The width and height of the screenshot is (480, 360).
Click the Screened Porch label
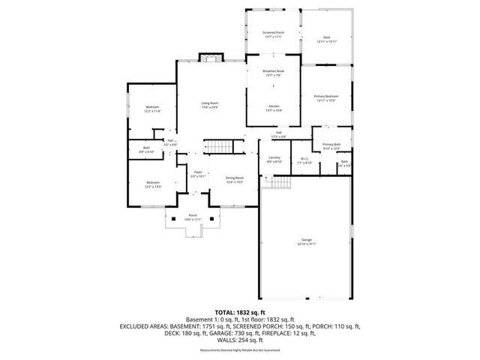(273, 35)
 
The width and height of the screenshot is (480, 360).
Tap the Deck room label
(325, 39)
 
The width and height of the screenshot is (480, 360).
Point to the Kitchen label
(274, 108)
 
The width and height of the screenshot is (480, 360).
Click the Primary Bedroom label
(325, 98)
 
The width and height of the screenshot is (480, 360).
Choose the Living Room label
(209, 105)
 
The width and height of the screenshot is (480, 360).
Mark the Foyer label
(198, 174)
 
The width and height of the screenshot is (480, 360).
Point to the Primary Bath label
(331, 146)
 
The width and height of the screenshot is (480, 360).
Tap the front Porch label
(193, 217)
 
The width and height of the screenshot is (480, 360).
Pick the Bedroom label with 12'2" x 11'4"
(152, 109)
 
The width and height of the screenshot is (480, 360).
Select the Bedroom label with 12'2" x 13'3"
(153, 184)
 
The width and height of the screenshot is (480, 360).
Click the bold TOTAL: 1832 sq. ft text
(239, 312)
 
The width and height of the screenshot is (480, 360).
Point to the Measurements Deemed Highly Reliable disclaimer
(239, 350)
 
